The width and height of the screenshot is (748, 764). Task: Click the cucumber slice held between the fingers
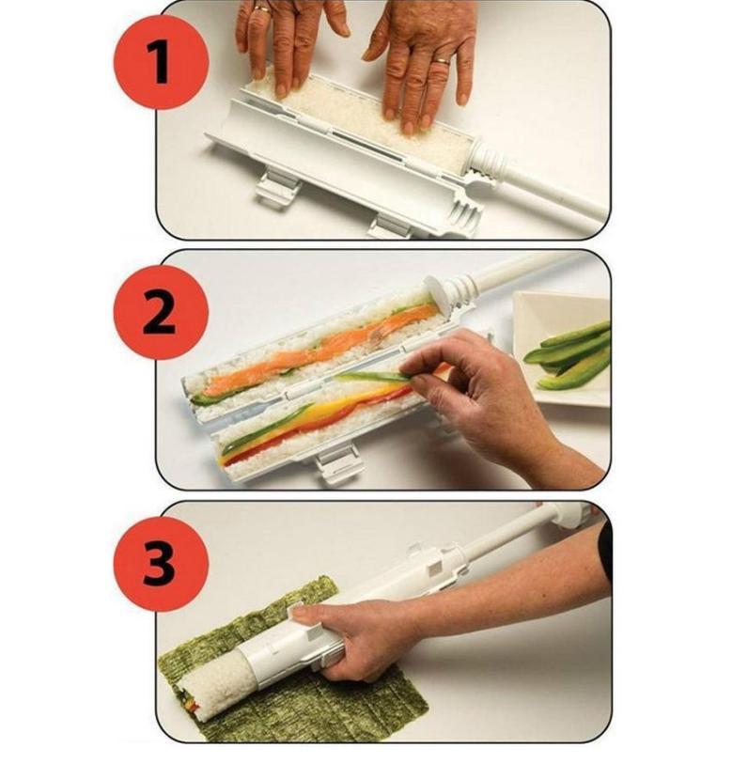click(376, 376)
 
